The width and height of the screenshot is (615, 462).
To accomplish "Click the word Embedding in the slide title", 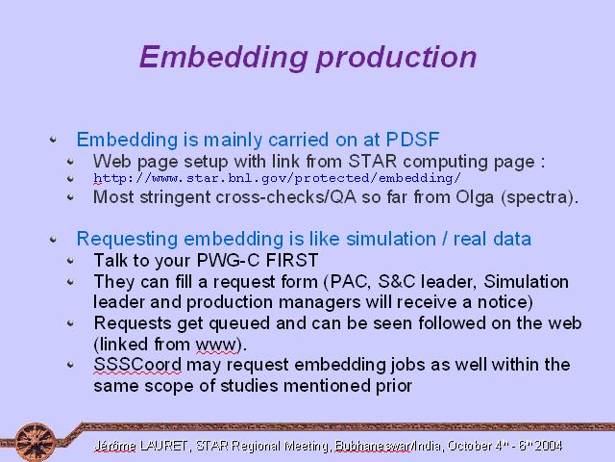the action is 224,58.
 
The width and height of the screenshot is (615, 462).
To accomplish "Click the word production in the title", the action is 397,59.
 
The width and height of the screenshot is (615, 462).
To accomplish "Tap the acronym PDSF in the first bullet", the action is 412,140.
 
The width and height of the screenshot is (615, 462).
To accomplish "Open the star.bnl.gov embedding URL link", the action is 277,178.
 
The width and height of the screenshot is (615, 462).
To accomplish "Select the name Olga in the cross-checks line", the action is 475,196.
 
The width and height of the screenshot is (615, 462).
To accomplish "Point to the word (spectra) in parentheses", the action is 537,197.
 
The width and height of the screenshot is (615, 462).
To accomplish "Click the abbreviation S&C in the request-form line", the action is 397,282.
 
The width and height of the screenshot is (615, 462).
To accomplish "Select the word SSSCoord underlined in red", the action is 137,365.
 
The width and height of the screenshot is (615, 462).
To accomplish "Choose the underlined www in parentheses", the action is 216,345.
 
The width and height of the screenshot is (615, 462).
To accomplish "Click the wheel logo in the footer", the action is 36,442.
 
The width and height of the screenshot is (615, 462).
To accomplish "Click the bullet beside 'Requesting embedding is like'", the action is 54,239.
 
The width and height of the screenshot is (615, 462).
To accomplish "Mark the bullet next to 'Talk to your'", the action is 70,261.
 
